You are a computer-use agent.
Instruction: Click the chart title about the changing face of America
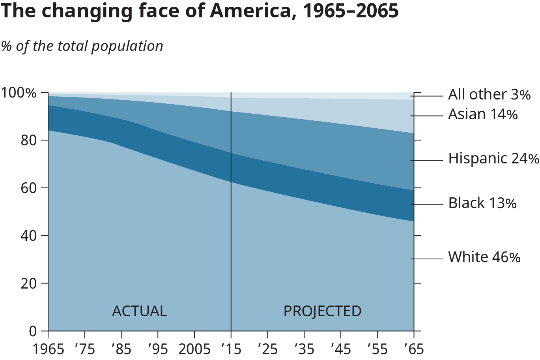[x=200, y=11]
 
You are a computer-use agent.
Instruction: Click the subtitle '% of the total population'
[x=82, y=46]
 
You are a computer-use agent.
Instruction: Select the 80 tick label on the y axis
[x=28, y=141]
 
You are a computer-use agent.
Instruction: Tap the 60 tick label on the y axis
[x=28, y=188]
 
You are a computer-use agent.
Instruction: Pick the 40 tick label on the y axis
[x=28, y=236]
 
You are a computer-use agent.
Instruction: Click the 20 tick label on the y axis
[x=28, y=283]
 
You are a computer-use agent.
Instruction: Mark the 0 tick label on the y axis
[x=33, y=331]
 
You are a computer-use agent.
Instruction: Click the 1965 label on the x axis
[x=48, y=349]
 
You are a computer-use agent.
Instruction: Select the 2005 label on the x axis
[x=194, y=349]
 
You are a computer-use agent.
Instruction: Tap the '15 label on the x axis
[x=231, y=349]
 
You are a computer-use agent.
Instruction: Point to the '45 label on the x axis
[x=340, y=349]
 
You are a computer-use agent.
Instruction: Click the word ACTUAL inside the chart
[x=139, y=311]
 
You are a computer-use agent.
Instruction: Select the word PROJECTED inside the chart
[x=322, y=311]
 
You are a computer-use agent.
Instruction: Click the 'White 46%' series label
[x=484, y=257]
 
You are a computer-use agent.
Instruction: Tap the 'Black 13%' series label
[x=482, y=203]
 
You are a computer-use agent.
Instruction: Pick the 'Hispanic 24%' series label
[x=493, y=159]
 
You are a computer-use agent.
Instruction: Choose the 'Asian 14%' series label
[x=483, y=114]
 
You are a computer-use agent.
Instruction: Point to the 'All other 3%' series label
[x=489, y=95]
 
